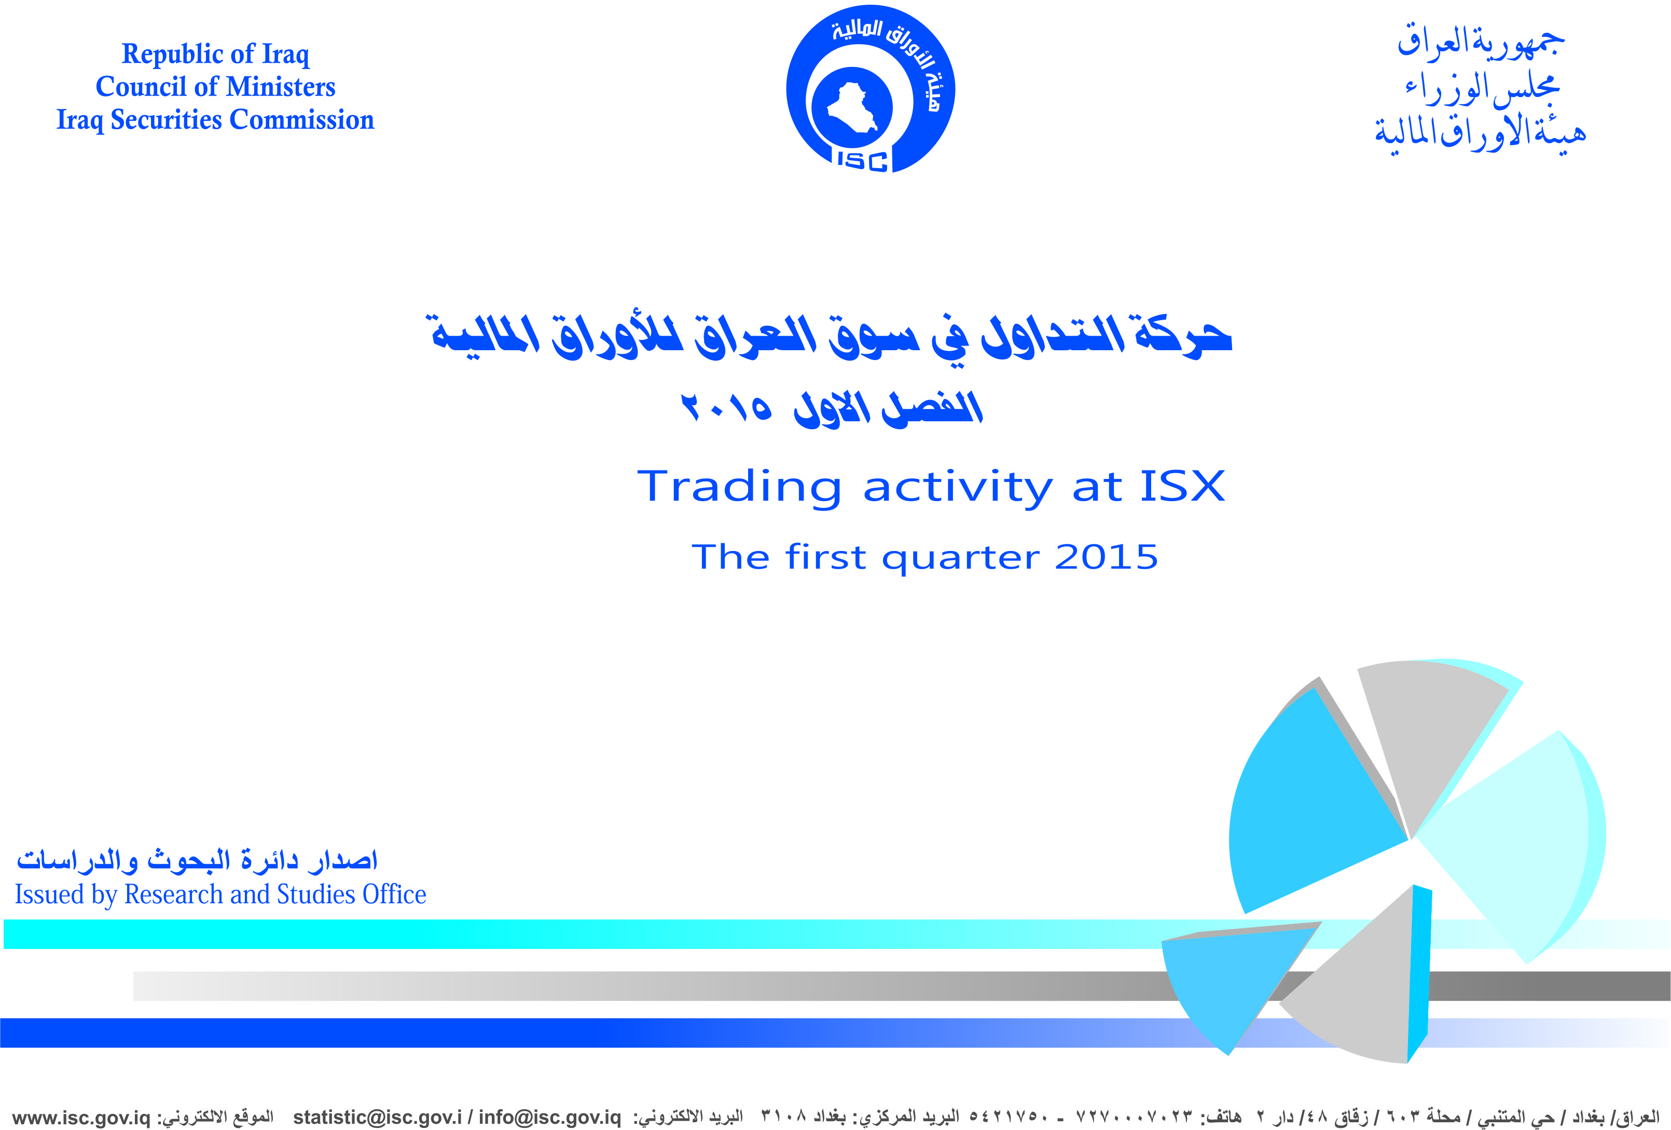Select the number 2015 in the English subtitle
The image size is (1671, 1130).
(x=1106, y=557)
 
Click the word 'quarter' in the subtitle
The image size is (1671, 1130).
(x=961, y=559)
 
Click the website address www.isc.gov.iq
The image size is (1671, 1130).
(x=81, y=1118)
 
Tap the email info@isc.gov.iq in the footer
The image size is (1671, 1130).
(x=549, y=1117)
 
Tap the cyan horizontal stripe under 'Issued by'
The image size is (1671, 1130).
(x=647, y=934)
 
